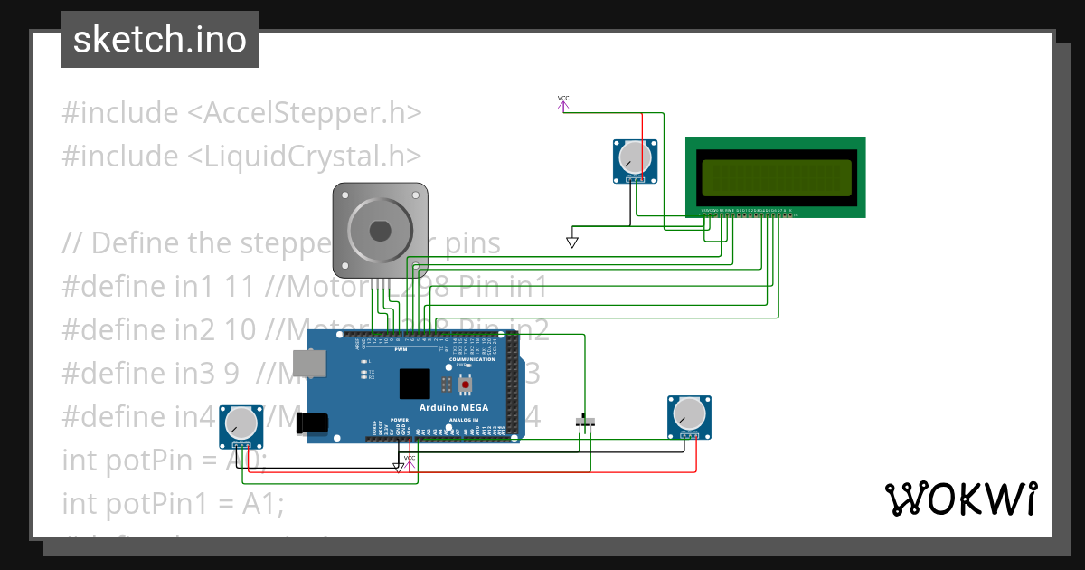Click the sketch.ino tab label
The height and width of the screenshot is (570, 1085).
[x=160, y=40]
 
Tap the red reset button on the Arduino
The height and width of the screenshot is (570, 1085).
[x=466, y=385]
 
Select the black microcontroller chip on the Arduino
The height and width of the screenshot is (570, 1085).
[x=415, y=384]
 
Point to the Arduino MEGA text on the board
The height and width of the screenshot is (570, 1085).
[x=454, y=407]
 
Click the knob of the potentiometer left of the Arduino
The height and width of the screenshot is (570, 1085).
[x=241, y=423]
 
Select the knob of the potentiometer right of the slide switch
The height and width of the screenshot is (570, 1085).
[x=689, y=413]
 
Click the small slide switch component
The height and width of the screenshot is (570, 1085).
[x=586, y=423]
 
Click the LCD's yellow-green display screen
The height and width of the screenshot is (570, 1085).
[x=776, y=177]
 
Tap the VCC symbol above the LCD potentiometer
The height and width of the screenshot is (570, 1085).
[x=563, y=102]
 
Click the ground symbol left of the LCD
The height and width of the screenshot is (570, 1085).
[x=571, y=242]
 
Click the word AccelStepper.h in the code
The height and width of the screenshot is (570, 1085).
[x=313, y=113]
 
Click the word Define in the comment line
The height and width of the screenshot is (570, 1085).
[x=136, y=242]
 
